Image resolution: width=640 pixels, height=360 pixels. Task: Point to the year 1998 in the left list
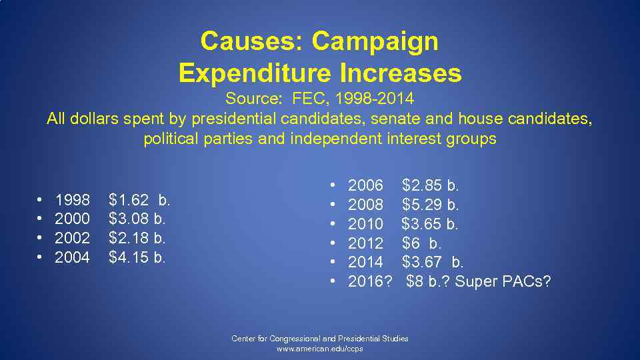pyautogui.click(x=72, y=199)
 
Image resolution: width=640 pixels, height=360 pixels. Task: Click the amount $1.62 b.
pyautogui.click(x=139, y=199)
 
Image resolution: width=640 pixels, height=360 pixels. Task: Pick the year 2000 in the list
pyautogui.click(x=72, y=219)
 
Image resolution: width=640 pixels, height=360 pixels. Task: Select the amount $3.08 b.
pyautogui.click(x=137, y=219)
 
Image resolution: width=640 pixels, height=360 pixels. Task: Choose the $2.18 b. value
pyautogui.click(x=137, y=238)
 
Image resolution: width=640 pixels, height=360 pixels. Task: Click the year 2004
pyautogui.click(x=72, y=257)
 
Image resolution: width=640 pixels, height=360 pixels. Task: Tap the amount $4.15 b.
pyautogui.click(x=137, y=257)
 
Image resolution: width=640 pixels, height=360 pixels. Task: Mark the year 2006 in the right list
pyautogui.click(x=365, y=185)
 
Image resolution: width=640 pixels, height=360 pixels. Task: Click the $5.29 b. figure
pyautogui.click(x=430, y=204)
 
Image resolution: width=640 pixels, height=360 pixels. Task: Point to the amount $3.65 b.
pyautogui.click(x=430, y=223)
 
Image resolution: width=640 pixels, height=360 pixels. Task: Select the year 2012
pyautogui.click(x=365, y=243)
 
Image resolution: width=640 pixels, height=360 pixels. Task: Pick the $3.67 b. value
pyautogui.click(x=433, y=262)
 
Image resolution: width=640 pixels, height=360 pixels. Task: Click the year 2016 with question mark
pyautogui.click(x=369, y=281)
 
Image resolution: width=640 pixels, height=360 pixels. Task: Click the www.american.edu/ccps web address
pyautogui.click(x=320, y=349)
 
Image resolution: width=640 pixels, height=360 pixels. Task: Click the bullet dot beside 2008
pyautogui.click(x=333, y=204)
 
